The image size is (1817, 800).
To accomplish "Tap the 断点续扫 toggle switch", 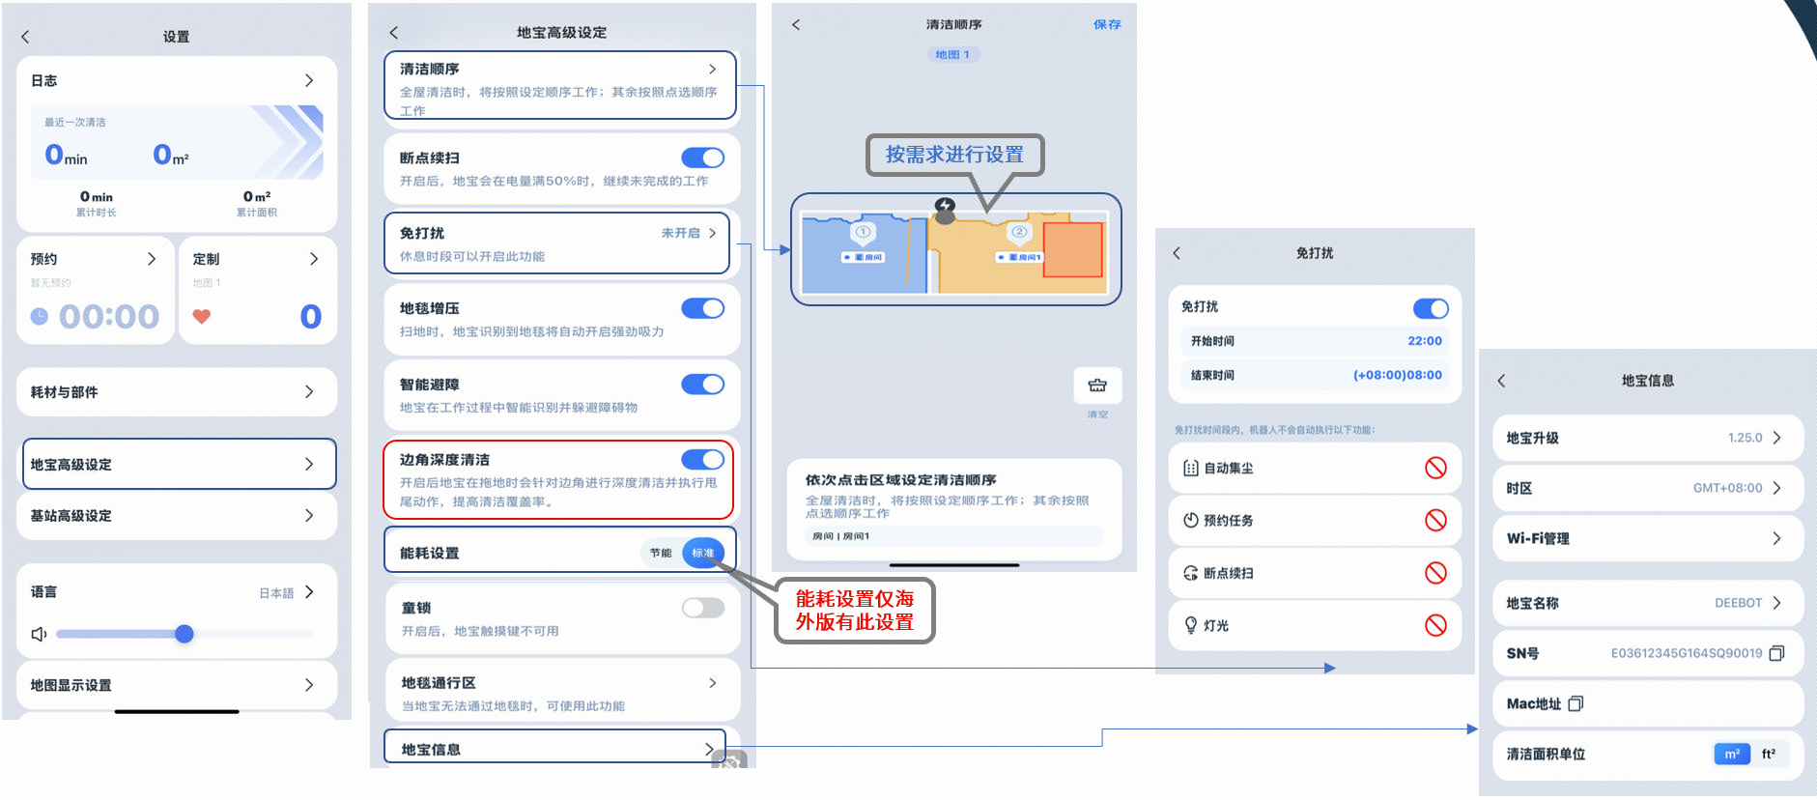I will [702, 157].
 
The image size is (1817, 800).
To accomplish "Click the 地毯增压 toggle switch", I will [702, 308].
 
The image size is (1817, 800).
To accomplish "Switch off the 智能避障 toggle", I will [702, 385].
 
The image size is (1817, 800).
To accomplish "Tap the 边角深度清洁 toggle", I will [702, 459].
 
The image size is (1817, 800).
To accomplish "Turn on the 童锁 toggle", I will [702, 608].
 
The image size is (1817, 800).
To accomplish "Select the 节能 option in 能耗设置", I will [661, 553].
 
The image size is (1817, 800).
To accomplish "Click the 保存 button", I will [1107, 24].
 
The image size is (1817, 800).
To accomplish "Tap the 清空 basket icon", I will [1097, 386].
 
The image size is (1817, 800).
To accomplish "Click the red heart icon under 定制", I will [202, 316].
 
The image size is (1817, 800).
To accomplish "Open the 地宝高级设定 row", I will [179, 464].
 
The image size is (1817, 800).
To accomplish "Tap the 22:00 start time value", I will [1424, 341].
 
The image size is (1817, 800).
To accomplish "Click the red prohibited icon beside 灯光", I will [1435, 625].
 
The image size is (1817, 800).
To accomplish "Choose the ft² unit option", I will [1768, 754].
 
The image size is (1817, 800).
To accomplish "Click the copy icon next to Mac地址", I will [1576, 703].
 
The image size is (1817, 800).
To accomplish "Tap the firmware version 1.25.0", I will [1745, 438].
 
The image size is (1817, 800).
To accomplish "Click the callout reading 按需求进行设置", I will [954, 155].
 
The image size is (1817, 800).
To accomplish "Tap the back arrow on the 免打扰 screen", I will [1177, 253].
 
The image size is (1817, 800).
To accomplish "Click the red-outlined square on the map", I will [1072, 249].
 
